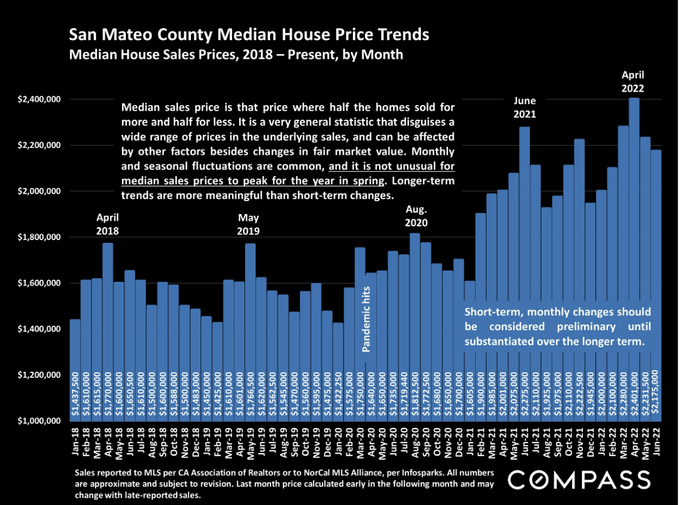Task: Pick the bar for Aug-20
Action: pyautogui.click(x=415, y=328)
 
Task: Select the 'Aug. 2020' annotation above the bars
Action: pyautogui.click(x=416, y=216)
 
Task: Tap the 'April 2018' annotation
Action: pyautogui.click(x=107, y=224)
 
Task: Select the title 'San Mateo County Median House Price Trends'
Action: pyautogui.click(x=249, y=36)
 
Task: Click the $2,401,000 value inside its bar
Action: pyautogui.click(x=634, y=395)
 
